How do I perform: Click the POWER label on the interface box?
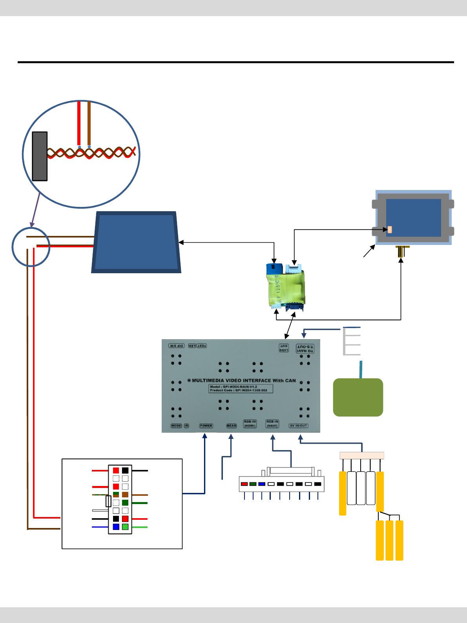coord(206,426)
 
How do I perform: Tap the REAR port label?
coord(232,426)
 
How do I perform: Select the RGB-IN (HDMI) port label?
coord(250,424)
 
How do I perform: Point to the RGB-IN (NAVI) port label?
coord(272,424)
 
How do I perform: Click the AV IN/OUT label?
coord(299,426)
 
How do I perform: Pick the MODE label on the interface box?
coord(176,426)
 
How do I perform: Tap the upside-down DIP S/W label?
coord(177,346)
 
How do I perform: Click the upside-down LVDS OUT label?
coord(284,348)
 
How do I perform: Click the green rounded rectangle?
coord(358,397)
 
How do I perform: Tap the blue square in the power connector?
coord(116,527)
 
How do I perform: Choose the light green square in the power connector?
coord(125,527)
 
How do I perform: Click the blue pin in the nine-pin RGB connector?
coord(262,484)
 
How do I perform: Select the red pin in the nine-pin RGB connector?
coord(244,484)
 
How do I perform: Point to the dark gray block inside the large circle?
coord(40,156)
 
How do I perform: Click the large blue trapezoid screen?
coord(136,242)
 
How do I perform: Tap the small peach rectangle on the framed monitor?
coord(390,230)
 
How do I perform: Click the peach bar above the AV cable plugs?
coord(361,455)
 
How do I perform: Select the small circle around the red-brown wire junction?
coord(31,247)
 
